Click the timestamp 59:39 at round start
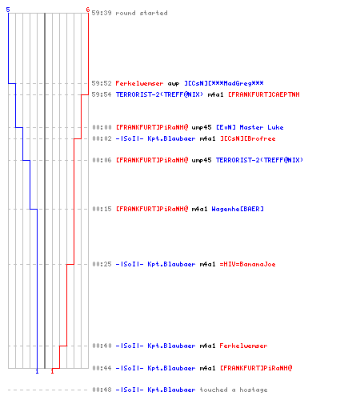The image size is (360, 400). [102, 13]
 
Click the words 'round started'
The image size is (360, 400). [142, 13]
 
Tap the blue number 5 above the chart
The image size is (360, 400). [8, 10]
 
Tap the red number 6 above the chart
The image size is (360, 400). [88, 10]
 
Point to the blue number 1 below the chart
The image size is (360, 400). [37, 371]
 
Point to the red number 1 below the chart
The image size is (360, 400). [52, 371]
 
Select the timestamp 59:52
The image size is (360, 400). [102, 83]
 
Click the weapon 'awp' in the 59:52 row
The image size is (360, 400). [174, 84]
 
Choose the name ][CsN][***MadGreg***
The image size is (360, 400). [224, 83]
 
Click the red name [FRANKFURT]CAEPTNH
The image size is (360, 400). [264, 94]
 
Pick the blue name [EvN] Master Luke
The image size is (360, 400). [250, 127]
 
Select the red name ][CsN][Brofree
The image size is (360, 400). [248, 138]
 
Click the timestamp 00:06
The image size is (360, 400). [102, 160]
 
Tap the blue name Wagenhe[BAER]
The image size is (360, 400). [238, 209]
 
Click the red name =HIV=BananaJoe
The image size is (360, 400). [247, 264]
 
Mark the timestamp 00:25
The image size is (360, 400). [102, 264]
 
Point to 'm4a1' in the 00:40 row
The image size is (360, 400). [207, 346]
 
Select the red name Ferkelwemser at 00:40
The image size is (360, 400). [243, 346]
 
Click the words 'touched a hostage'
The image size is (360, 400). [234, 390]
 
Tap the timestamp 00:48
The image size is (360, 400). [102, 390]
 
